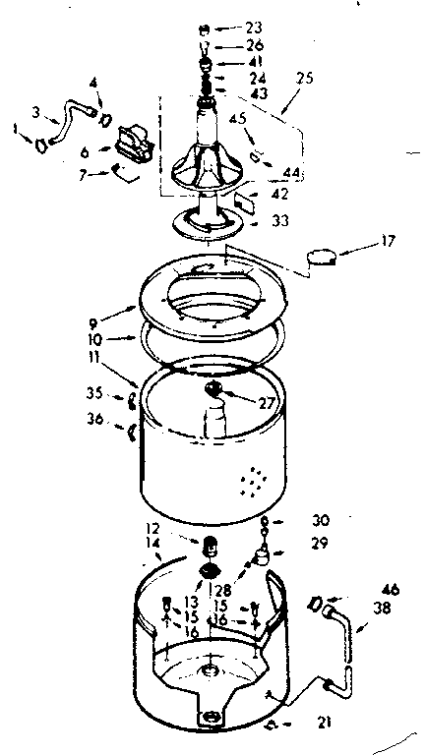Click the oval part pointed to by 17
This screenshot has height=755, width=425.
tap(321, 257)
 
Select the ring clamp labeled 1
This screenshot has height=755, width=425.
tap(39, 145)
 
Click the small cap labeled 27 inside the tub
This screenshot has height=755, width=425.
tap(215, 391)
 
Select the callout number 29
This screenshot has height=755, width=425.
tap(291, 543)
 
